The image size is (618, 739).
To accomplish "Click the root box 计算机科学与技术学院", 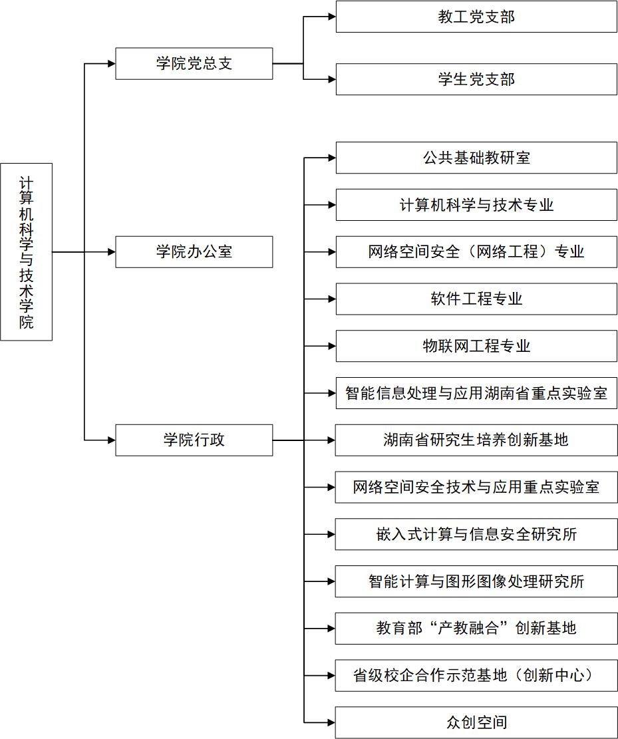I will point(26,252).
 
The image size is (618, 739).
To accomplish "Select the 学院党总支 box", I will point(194,64).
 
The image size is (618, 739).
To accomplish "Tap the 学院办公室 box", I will point(194,252).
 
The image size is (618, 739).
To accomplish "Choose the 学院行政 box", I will point(194,440).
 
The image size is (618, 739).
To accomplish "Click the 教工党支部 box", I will point(476,17).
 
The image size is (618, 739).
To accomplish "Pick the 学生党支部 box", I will point(476,80).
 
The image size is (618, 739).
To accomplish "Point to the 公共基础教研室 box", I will point(476,158).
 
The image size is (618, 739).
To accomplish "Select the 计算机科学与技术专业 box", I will point(476,205).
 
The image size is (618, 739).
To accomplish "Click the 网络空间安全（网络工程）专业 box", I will point(476,252).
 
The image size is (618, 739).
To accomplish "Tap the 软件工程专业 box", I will point(476,299).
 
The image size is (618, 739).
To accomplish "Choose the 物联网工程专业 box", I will point(476,346).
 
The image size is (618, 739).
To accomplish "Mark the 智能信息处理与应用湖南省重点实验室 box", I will point(476,393).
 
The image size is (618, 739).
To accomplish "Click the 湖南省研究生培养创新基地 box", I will point(476,440).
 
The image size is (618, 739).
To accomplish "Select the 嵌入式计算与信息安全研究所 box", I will point(476,534).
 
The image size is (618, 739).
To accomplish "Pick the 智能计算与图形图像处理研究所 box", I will point(476,581).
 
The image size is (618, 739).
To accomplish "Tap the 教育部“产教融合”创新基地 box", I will point(476,628).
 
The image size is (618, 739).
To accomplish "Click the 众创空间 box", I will point(476,722).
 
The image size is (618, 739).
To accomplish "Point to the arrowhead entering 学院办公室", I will point(111,252).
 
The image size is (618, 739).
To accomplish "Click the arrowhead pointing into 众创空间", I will point(331,722).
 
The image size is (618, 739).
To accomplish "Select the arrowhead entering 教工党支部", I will point(331,17).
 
